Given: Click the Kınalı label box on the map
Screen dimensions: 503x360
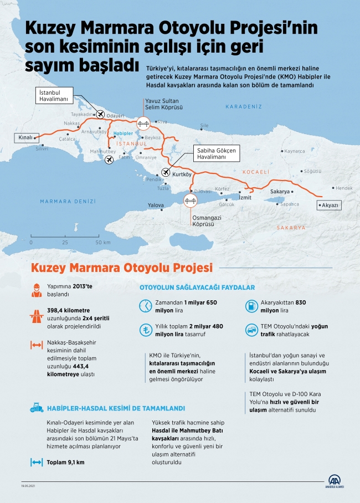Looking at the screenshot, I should coord(24,137).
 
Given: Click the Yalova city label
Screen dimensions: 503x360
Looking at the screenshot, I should coord(156,206).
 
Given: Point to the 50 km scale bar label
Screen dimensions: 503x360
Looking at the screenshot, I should coord(102,243).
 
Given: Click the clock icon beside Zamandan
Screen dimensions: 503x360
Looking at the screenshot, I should coord(145,306).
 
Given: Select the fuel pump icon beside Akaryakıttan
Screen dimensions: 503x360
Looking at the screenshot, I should coord(251,306).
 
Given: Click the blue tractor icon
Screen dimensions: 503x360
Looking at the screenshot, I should coord(37,408).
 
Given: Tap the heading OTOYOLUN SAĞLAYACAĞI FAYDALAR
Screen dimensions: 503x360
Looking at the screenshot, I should coord(197,288).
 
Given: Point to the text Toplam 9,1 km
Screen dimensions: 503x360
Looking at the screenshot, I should coord(65,462).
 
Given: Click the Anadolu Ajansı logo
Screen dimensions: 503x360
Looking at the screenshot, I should coord(335,482).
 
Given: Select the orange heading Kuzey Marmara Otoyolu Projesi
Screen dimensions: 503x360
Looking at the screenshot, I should coord(122,268).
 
